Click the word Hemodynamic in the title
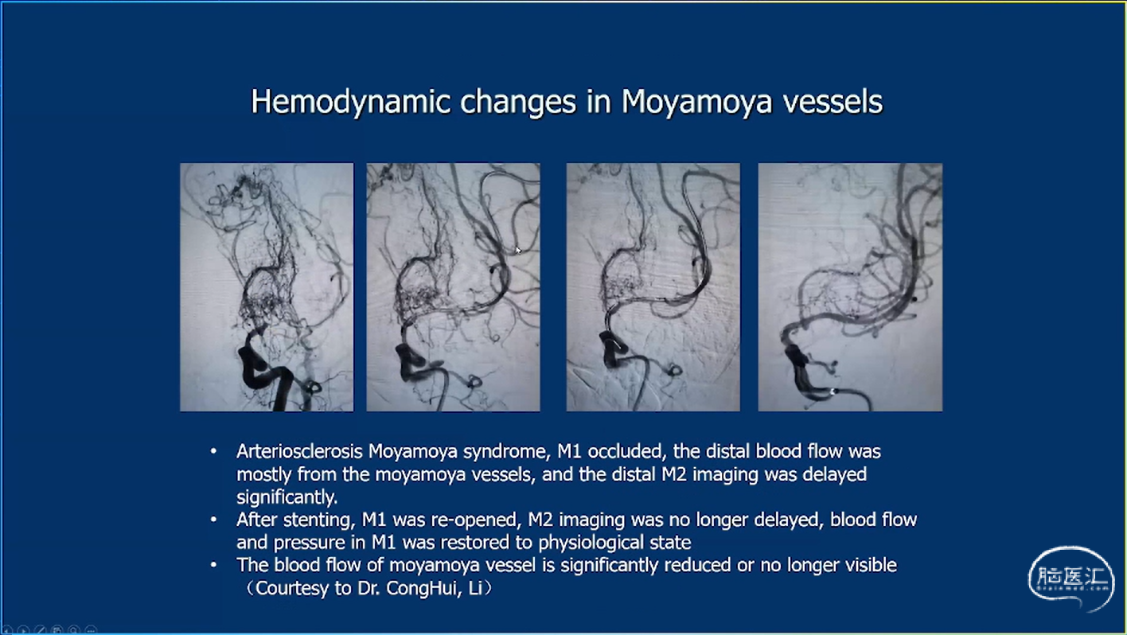(x=351, y=102)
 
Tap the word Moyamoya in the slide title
(x=697, y=103)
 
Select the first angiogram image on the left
(x=267, y=286)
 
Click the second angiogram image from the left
(x=454, y=286)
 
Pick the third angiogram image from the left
(x=653, y=286)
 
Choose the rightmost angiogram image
(x=850, y=286)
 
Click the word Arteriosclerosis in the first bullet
(x=299, y=451)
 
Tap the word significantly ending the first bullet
(x=286, y=497)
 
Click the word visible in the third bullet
(x=871, y=565)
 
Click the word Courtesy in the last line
(x=292, y=588)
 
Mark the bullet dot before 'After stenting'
(x=213, y=520)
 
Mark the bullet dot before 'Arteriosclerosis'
(x=213, y=451)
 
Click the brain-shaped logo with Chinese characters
(x=1070, y=579)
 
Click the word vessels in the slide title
(x=833, y=102)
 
